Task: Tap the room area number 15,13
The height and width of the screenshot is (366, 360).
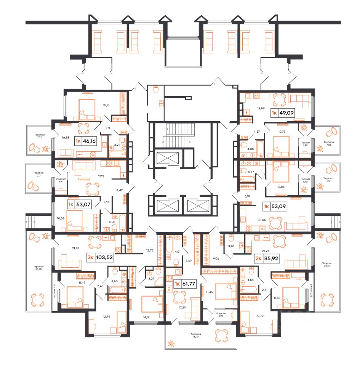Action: tap(107, 106)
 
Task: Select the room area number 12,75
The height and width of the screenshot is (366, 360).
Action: tap(149, 250)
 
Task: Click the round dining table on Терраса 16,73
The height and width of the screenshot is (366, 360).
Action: tap(221, 336)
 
